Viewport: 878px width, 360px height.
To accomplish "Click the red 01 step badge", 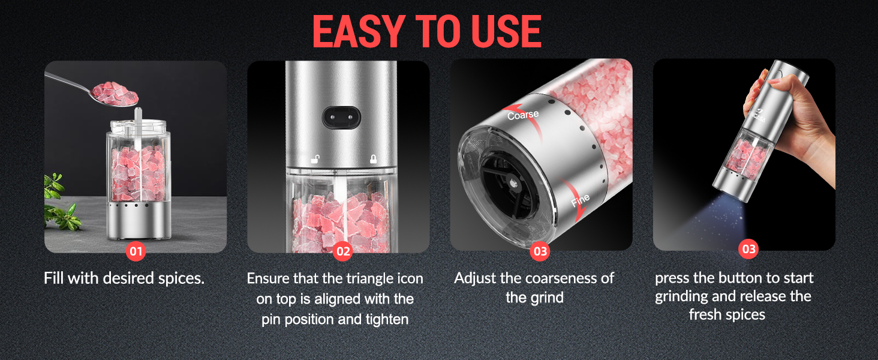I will point(136,251).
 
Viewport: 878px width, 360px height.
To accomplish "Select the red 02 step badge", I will point(342,251).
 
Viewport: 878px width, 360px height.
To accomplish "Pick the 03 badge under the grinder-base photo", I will point(540,251).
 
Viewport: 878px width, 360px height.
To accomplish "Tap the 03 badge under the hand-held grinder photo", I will point(749,248).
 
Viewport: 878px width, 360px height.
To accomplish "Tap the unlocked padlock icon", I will point(314,159).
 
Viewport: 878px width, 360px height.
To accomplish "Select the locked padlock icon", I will point(373,159).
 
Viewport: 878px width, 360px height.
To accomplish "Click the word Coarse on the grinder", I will point(523,114).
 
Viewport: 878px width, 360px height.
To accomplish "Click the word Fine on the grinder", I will point(580,200).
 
